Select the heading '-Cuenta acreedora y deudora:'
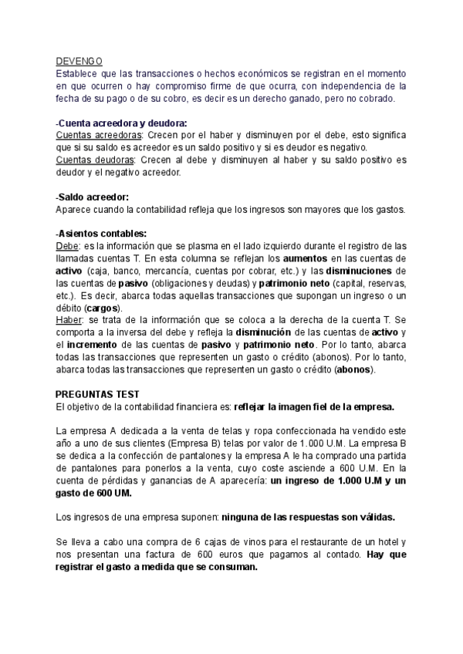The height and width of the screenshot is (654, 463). (121, 123)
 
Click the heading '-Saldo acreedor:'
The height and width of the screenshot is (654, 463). (93, 197)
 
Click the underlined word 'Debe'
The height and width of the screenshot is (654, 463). (67, 247)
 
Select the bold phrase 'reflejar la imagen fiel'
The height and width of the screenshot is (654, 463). (281, 406)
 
